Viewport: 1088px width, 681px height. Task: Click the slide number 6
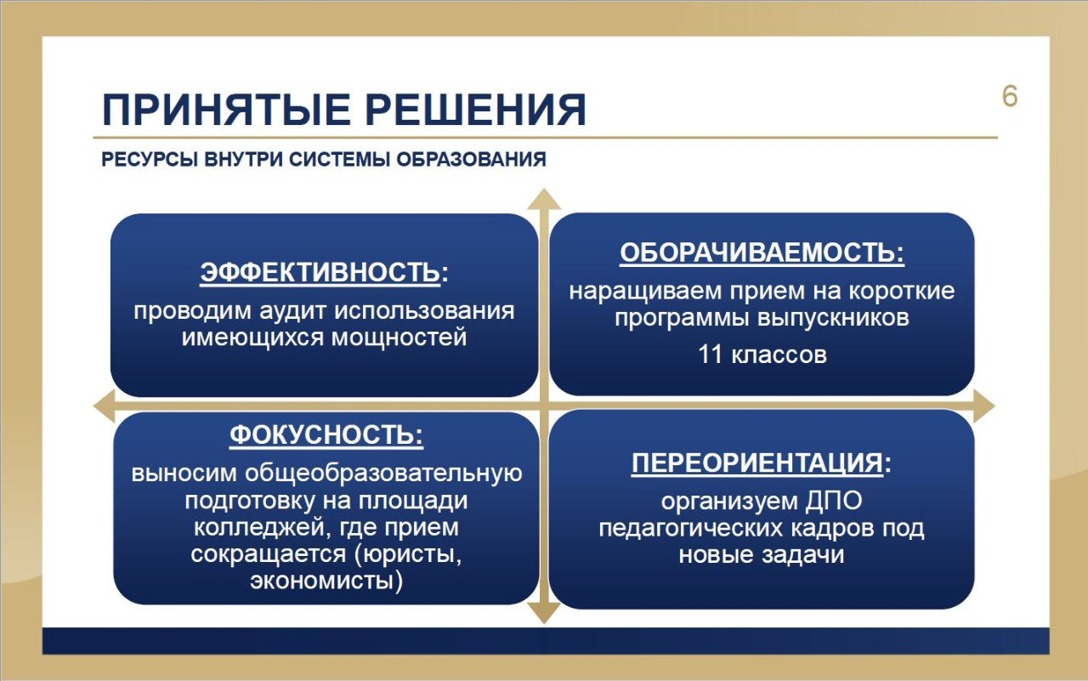point(1010,97)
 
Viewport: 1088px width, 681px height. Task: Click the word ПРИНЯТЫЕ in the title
point(226,110)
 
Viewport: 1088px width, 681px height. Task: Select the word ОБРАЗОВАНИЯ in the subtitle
point(471,159)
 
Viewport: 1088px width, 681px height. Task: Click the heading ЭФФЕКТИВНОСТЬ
point(320,272)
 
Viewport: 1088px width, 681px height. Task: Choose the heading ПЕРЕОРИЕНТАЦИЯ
point(757,463)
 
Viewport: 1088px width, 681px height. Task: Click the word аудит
point(292,311)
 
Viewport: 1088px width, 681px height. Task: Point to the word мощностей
point(399,338)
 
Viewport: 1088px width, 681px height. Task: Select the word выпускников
point(833,319)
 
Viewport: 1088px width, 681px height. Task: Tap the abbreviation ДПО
point(834,501)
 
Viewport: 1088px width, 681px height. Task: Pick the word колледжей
point(258,528)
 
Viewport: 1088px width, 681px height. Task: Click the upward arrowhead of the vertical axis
point(544,199)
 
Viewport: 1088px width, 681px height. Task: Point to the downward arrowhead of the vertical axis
point(544,614)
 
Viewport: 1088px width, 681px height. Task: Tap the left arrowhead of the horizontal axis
point(104,406)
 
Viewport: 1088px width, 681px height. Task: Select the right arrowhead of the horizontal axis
point(984,406)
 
